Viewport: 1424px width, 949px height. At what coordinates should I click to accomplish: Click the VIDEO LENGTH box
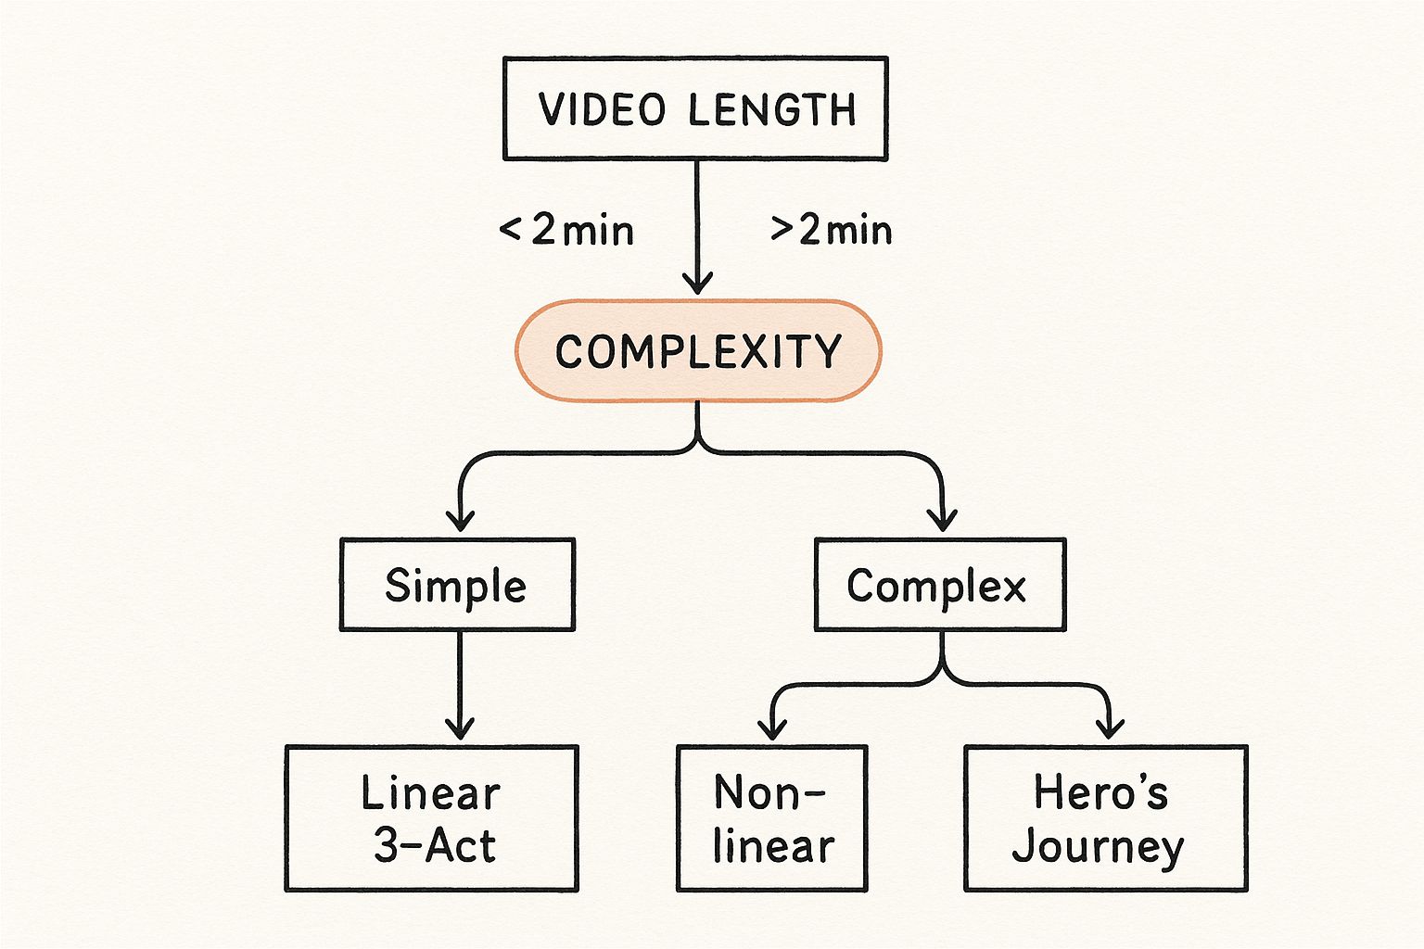695,108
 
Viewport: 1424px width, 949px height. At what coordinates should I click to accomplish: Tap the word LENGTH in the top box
772,109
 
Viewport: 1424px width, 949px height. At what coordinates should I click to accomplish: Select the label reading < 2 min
566,230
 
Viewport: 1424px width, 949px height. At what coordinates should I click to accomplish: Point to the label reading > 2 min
832,230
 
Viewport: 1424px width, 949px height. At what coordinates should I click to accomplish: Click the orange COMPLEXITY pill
697,351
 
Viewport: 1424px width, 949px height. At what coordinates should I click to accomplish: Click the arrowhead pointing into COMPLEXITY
697,283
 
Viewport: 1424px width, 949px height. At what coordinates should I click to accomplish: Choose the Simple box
457,585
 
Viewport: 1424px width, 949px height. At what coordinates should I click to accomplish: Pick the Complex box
939,585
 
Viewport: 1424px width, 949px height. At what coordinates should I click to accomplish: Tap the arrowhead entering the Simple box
460,519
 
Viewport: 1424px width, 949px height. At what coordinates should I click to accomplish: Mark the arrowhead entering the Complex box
943,519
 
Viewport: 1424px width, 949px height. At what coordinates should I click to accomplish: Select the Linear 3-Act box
431,818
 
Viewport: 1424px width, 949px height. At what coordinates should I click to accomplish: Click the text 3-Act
434,845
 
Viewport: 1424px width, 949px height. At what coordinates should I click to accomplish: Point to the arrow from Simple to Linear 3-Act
459,686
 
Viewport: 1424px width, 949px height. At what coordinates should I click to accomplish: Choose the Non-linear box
771,818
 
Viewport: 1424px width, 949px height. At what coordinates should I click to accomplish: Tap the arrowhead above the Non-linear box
771,728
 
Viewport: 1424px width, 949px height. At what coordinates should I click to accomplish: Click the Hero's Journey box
1105,818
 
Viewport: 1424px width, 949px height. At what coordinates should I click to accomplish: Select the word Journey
1098,847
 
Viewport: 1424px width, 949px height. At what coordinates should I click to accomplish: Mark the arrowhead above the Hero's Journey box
1109,728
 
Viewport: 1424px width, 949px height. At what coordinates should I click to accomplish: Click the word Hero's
1100,792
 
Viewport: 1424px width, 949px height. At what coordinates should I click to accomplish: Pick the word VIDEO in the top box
603,109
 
